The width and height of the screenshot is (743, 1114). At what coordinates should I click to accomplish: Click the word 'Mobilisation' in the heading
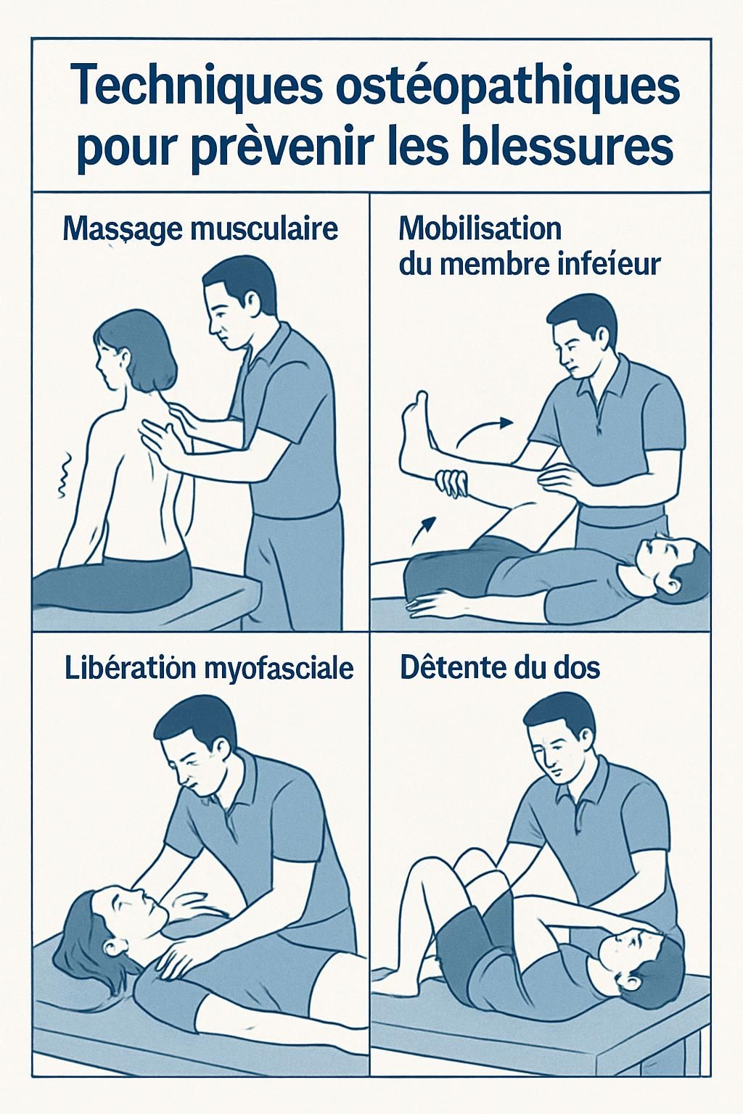click(x=480, y=228)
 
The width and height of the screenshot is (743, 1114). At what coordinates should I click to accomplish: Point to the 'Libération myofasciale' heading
click(x=209, y=668)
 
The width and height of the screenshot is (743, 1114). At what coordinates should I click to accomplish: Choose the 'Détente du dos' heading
click(x=500, y=667)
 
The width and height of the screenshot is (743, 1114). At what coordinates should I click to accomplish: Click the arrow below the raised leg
click(x=424, y=529)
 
